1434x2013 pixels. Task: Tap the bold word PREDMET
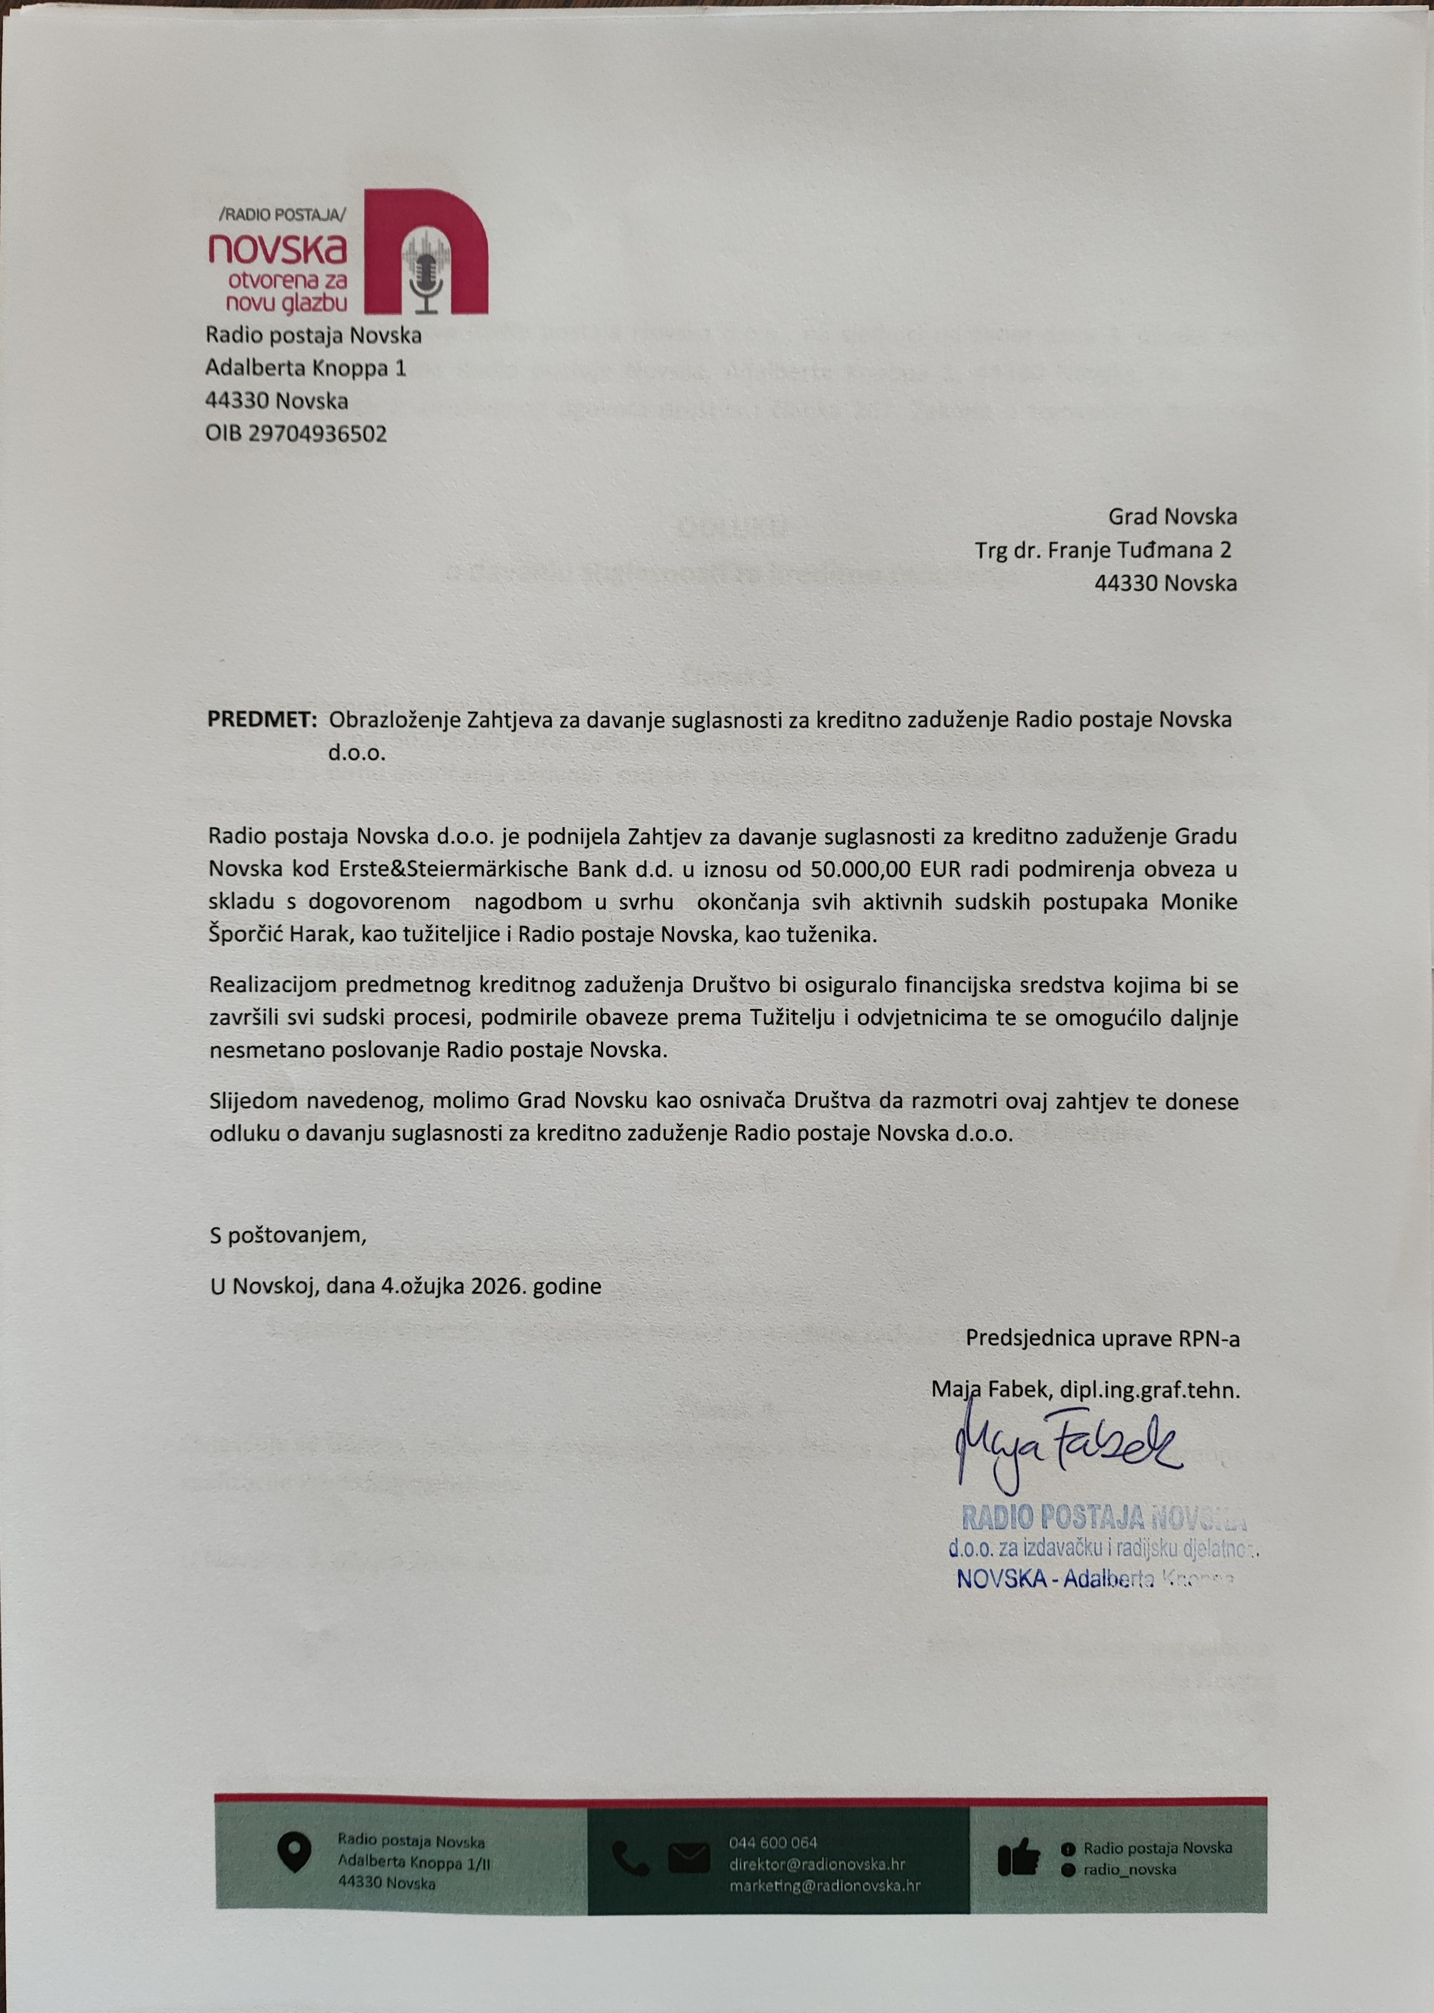click(261, 719)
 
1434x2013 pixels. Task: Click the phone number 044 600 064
click(773, 1842)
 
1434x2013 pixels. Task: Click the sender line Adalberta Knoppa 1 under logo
click(306, 367)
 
